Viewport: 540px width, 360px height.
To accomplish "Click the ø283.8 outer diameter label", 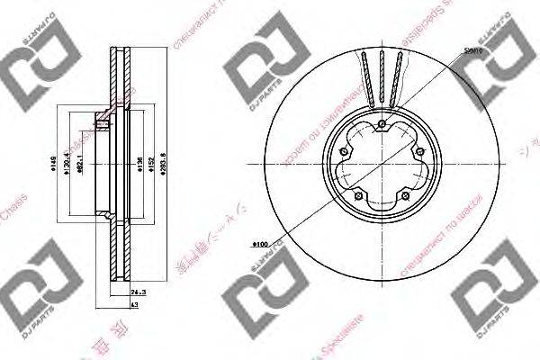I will (x=161, y=166).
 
